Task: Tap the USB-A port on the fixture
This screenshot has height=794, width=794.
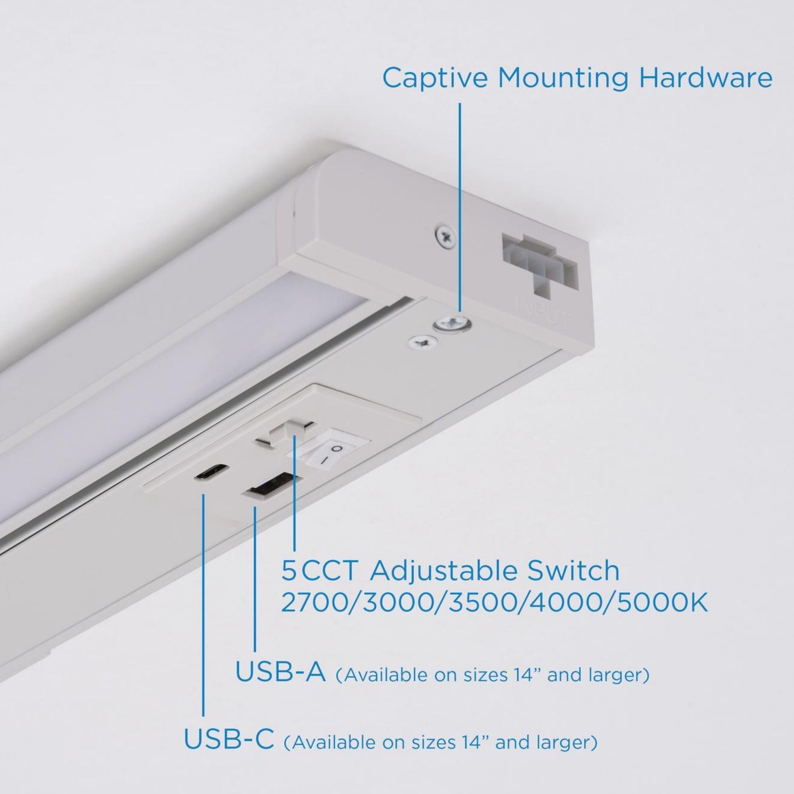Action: click(x=272, y=486)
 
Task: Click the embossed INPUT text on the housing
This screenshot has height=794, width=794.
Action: click(x=543, y=312)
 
